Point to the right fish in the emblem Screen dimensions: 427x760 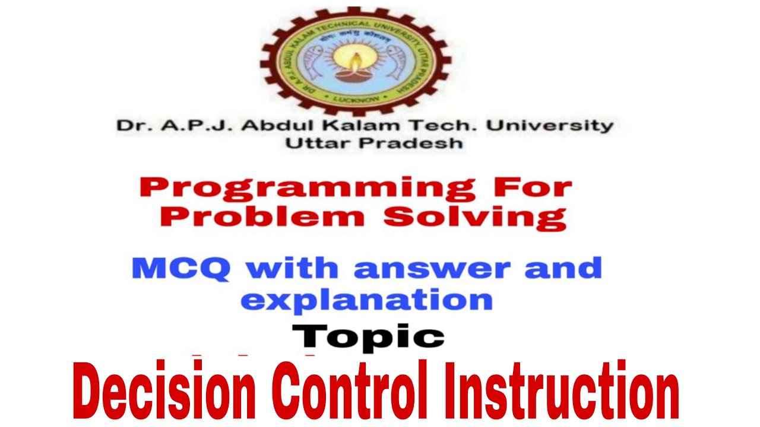point(400,59)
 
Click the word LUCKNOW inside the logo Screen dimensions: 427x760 point(355,97)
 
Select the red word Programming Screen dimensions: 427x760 point(308,189)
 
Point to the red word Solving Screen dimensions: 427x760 point(474,218)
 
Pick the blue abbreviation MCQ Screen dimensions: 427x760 point(180,269)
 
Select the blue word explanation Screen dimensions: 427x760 point(366,300)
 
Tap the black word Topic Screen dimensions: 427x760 point(368,336)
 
